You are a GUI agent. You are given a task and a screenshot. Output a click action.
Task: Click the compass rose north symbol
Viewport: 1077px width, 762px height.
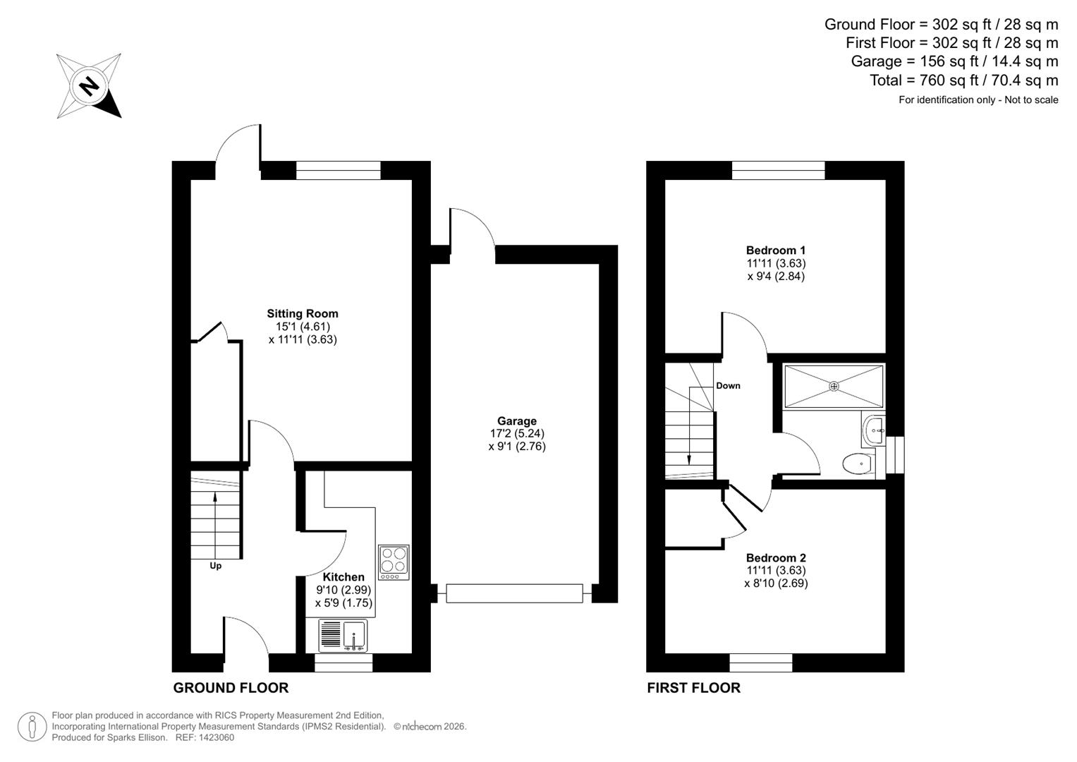point(89,86)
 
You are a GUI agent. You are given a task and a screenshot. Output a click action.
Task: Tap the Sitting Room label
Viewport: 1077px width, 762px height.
point(303,314)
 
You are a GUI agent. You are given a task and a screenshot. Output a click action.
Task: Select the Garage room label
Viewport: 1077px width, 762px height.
point(516,421)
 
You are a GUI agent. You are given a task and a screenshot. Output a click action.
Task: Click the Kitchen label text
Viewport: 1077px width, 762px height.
point(343,577)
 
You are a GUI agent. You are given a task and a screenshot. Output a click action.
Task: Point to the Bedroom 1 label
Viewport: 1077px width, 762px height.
point(776,250)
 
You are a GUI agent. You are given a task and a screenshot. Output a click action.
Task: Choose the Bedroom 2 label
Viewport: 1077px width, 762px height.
point(776,557)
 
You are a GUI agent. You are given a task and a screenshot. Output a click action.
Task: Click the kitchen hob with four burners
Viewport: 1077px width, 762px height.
point(394,562)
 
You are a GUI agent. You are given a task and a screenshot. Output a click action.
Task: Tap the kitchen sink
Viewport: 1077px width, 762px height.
point(343,635)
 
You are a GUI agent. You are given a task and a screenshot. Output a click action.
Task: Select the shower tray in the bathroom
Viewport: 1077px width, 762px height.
point(834,386)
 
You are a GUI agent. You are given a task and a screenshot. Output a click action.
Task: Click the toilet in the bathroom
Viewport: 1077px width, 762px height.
point(858,464)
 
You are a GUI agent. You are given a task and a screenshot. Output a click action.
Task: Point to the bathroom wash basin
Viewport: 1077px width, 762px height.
point(874,429)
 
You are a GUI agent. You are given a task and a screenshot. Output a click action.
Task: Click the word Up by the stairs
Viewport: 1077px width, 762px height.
point(215,566)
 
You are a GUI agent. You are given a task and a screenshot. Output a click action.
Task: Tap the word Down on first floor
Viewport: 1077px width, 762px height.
point(728,386)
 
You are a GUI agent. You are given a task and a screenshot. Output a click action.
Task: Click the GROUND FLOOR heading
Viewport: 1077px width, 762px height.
point(231,688)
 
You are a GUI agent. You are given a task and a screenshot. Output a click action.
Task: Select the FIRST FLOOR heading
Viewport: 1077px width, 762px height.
point(693,688)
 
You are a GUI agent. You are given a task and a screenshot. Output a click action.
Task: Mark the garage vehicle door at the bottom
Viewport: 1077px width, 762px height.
point(514,593)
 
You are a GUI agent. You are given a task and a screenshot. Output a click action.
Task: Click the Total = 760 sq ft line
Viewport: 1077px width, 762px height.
point(963,80)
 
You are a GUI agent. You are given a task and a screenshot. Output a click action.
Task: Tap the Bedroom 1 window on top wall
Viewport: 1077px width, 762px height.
point(778,170)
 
